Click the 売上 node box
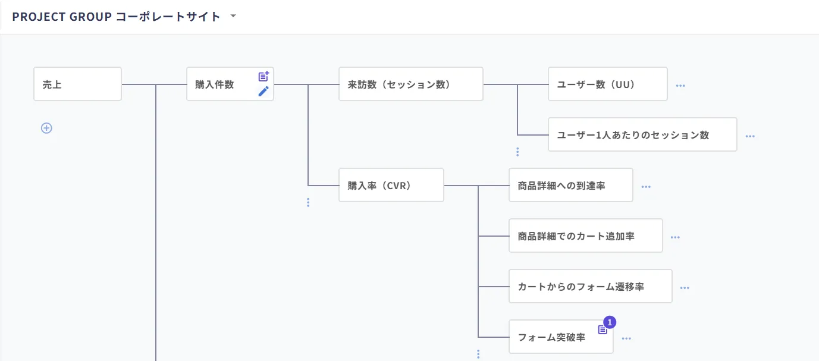pos(77,84)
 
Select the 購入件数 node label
pos(215,84)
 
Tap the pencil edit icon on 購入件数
pos(263,91)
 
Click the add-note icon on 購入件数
pos(263,76)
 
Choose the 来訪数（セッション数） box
pos(411,84)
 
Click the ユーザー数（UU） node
pos(608,84)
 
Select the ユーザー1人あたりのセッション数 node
pos(642,134)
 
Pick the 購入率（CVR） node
pos(391,185)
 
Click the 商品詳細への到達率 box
pos(571,185)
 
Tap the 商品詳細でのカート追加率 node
pos(586,236)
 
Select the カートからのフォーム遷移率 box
pos(591,286)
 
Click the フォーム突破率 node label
pos(552,337)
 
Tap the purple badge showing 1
pos(610,322)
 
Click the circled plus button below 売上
pos(46,128)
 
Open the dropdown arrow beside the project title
pos(233,15)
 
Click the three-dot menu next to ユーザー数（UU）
pos(680,86)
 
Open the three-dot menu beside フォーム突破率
pos(626,338)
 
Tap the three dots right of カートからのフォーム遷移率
pos(685,288)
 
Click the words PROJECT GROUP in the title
pos(62,17)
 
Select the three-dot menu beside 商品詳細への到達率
pos(646,187)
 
